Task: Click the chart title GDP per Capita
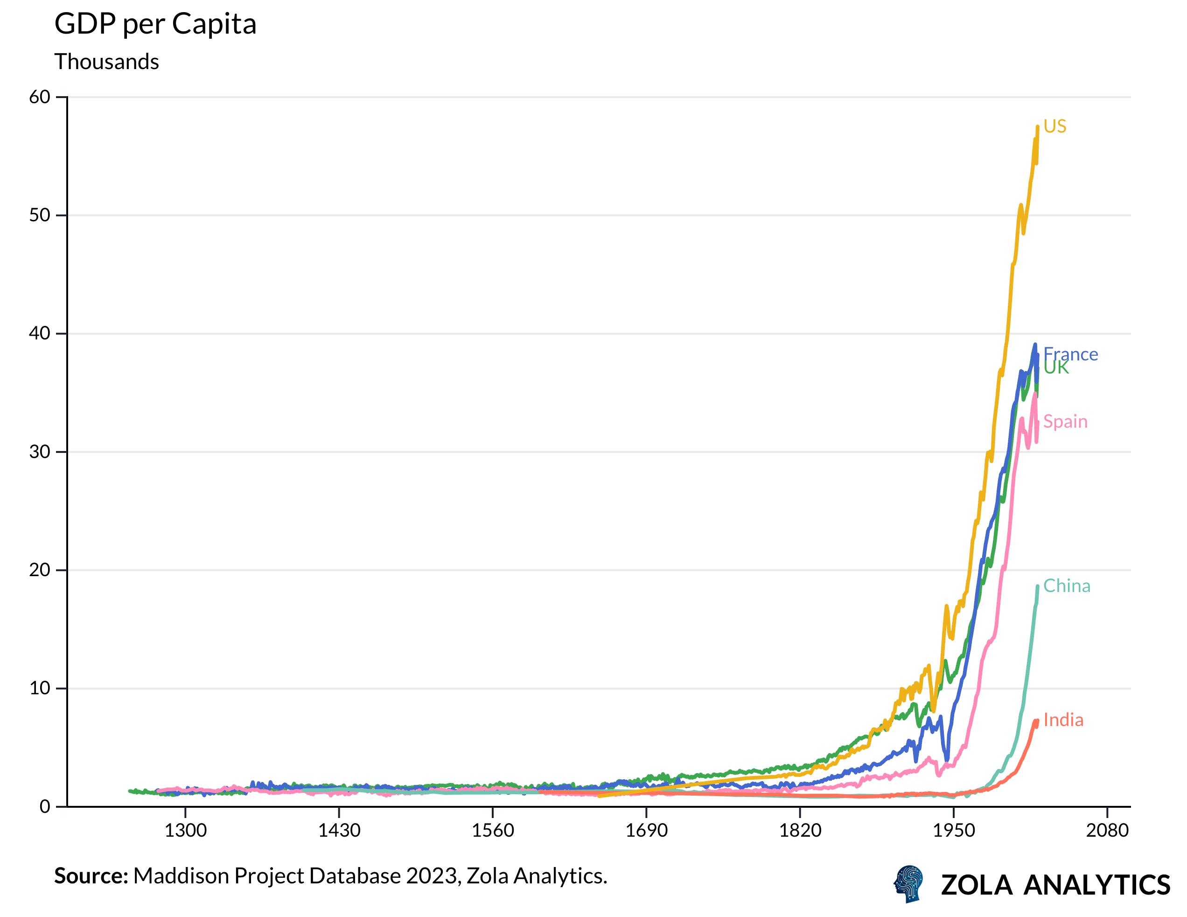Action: point(155,24)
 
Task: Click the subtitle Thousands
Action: point(106,62)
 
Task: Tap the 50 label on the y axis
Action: point(40,215)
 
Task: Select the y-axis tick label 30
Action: point(40,452)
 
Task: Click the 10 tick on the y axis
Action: point(40,688)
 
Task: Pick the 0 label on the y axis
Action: point(45,807)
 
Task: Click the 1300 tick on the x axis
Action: point(185,831)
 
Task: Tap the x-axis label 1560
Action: point(492,831)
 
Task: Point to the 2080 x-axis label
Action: point(1107,831)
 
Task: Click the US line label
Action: point(1055,127)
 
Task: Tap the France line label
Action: point(1071,353)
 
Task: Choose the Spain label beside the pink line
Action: point(1065,422)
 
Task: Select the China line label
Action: point(1066,586)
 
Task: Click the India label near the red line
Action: point(1063,720)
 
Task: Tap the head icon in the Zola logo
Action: point(909,884)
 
